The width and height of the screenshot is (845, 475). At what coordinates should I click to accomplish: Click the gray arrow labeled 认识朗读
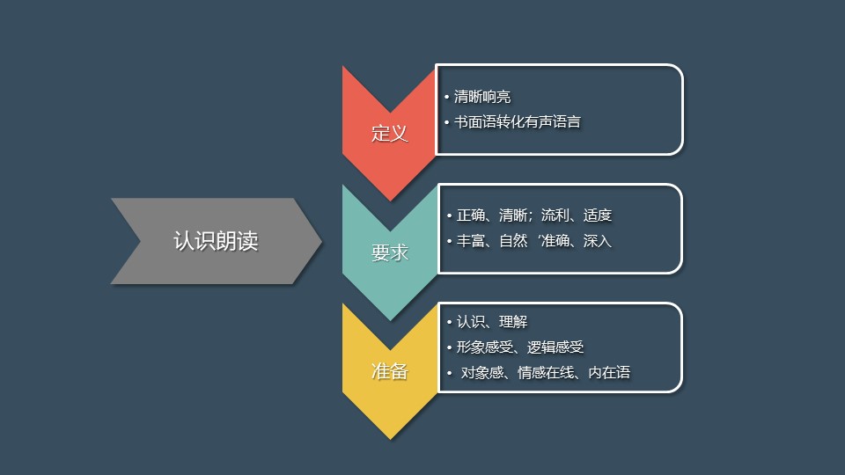[215, 241]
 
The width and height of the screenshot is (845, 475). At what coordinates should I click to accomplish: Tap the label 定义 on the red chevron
[389, 134]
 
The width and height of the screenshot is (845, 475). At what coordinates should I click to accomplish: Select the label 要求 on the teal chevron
[389, 252]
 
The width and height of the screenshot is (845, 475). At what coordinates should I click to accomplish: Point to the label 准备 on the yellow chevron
[389, 371]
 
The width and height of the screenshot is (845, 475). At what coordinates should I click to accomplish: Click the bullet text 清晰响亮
[481, 97]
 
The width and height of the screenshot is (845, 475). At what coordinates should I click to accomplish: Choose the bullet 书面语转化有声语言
[517, 122]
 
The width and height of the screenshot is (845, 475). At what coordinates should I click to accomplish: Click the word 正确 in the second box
[471, 216]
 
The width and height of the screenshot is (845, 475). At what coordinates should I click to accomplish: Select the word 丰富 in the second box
[471, 240]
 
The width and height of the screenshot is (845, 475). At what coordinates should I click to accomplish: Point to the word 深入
[598, 240]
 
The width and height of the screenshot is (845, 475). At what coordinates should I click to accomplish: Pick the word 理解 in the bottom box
[513, 322]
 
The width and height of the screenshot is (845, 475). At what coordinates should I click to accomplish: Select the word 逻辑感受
[555, 347]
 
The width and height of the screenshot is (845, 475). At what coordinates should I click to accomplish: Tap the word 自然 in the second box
[513, 240]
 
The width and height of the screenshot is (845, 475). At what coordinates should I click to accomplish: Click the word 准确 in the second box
[555, 240]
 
